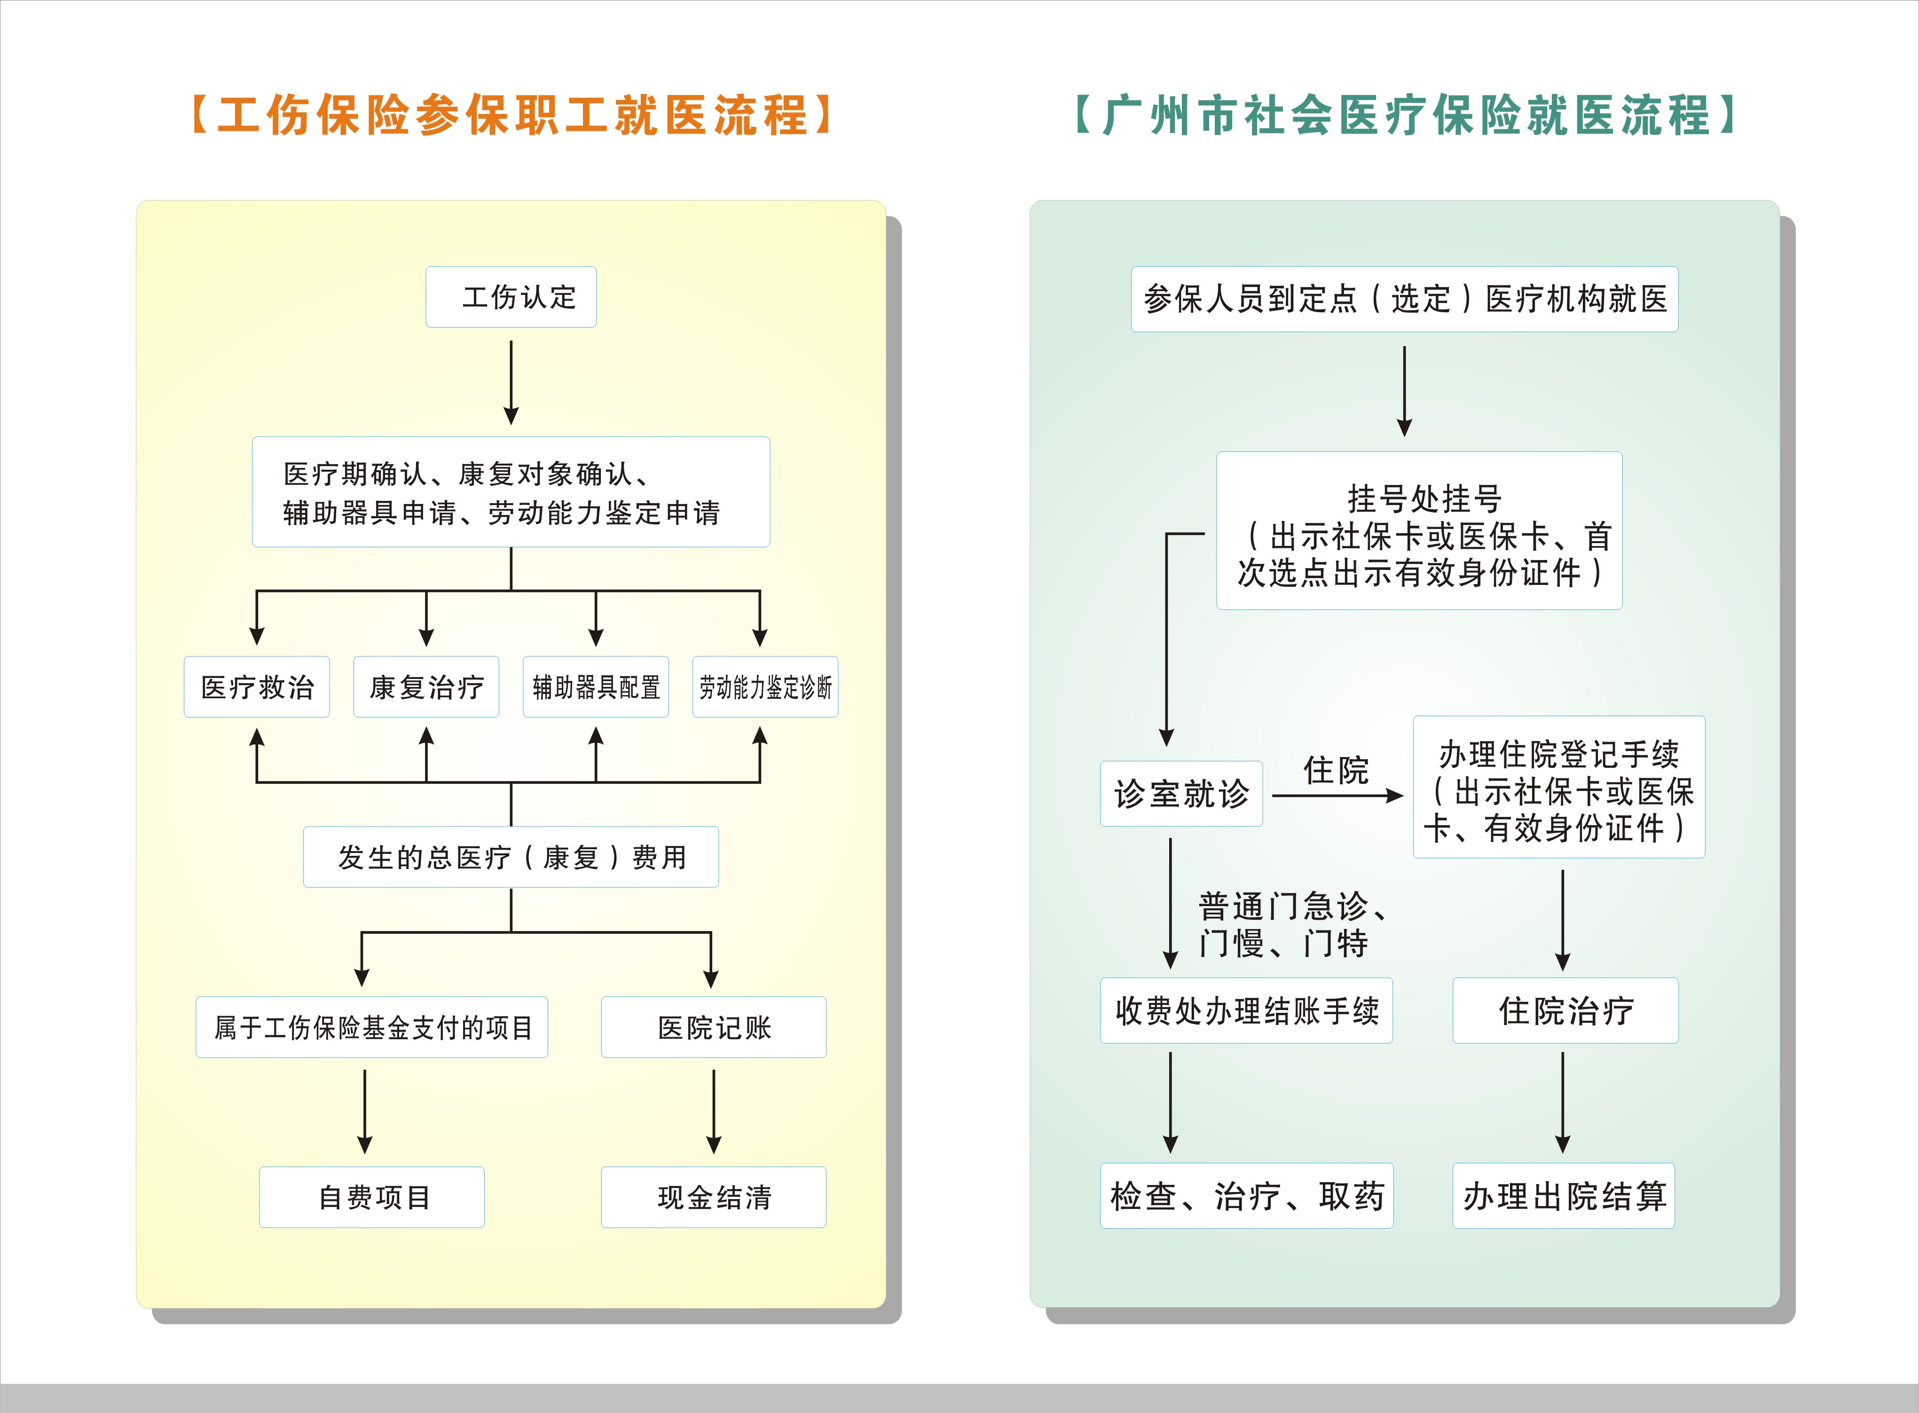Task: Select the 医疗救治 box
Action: tap(257, 687)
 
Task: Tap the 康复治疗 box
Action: tap(426, 687)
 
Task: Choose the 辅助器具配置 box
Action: tap(596, 687)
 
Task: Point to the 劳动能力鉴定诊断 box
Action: tap(765, 687)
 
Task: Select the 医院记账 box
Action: tap(713, 1027)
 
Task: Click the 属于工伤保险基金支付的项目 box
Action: tap(372, 1027)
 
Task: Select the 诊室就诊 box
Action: tap(1181, 794)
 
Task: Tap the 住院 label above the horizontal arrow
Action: tap(1336, 770)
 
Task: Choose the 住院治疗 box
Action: tap(1565, 1010)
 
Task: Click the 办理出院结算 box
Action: tap(1563, 1196)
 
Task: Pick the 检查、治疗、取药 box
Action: tap(1246, 1196)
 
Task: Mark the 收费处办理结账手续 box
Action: tap(1246, 1010)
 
